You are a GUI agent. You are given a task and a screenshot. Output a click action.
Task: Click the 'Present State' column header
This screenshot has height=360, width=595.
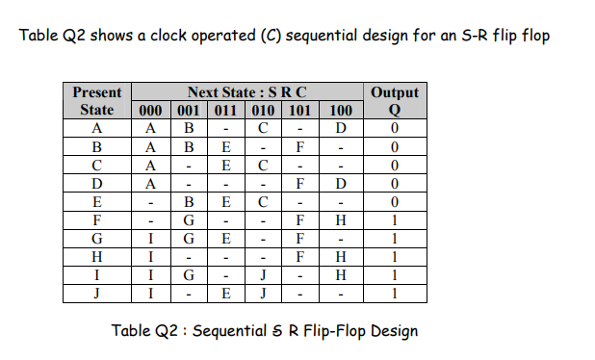pos(97,101)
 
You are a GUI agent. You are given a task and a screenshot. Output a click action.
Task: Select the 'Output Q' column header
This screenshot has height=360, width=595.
pos(394,101)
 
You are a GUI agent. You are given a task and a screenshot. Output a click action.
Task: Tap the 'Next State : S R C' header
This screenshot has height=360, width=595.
pos(247,92)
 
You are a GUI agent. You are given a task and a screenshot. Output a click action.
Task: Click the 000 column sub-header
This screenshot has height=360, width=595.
pos(149,110)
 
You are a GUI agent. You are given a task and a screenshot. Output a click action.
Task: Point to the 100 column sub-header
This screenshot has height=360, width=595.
pos(340,110)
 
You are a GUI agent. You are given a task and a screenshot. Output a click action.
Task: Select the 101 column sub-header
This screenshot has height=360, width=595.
pos(300,110)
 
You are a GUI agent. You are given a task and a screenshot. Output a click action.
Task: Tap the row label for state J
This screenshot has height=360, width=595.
pos(97,294)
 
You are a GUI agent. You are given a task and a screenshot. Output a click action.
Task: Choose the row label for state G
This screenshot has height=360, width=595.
pos(97,239)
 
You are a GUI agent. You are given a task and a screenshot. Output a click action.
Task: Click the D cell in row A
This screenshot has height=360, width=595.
pos(340,129)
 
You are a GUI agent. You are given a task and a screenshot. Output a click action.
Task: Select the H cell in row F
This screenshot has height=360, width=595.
pos(340,220)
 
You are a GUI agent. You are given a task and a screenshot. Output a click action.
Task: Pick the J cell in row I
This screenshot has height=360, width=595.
pos(262,275)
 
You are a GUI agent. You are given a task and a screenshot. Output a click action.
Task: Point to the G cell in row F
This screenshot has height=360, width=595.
pos(188,220)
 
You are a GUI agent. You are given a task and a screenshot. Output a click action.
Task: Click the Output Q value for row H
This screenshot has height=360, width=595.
pos(394,257)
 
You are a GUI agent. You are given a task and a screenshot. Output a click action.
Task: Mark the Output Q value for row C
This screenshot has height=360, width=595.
pos(394,166)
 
